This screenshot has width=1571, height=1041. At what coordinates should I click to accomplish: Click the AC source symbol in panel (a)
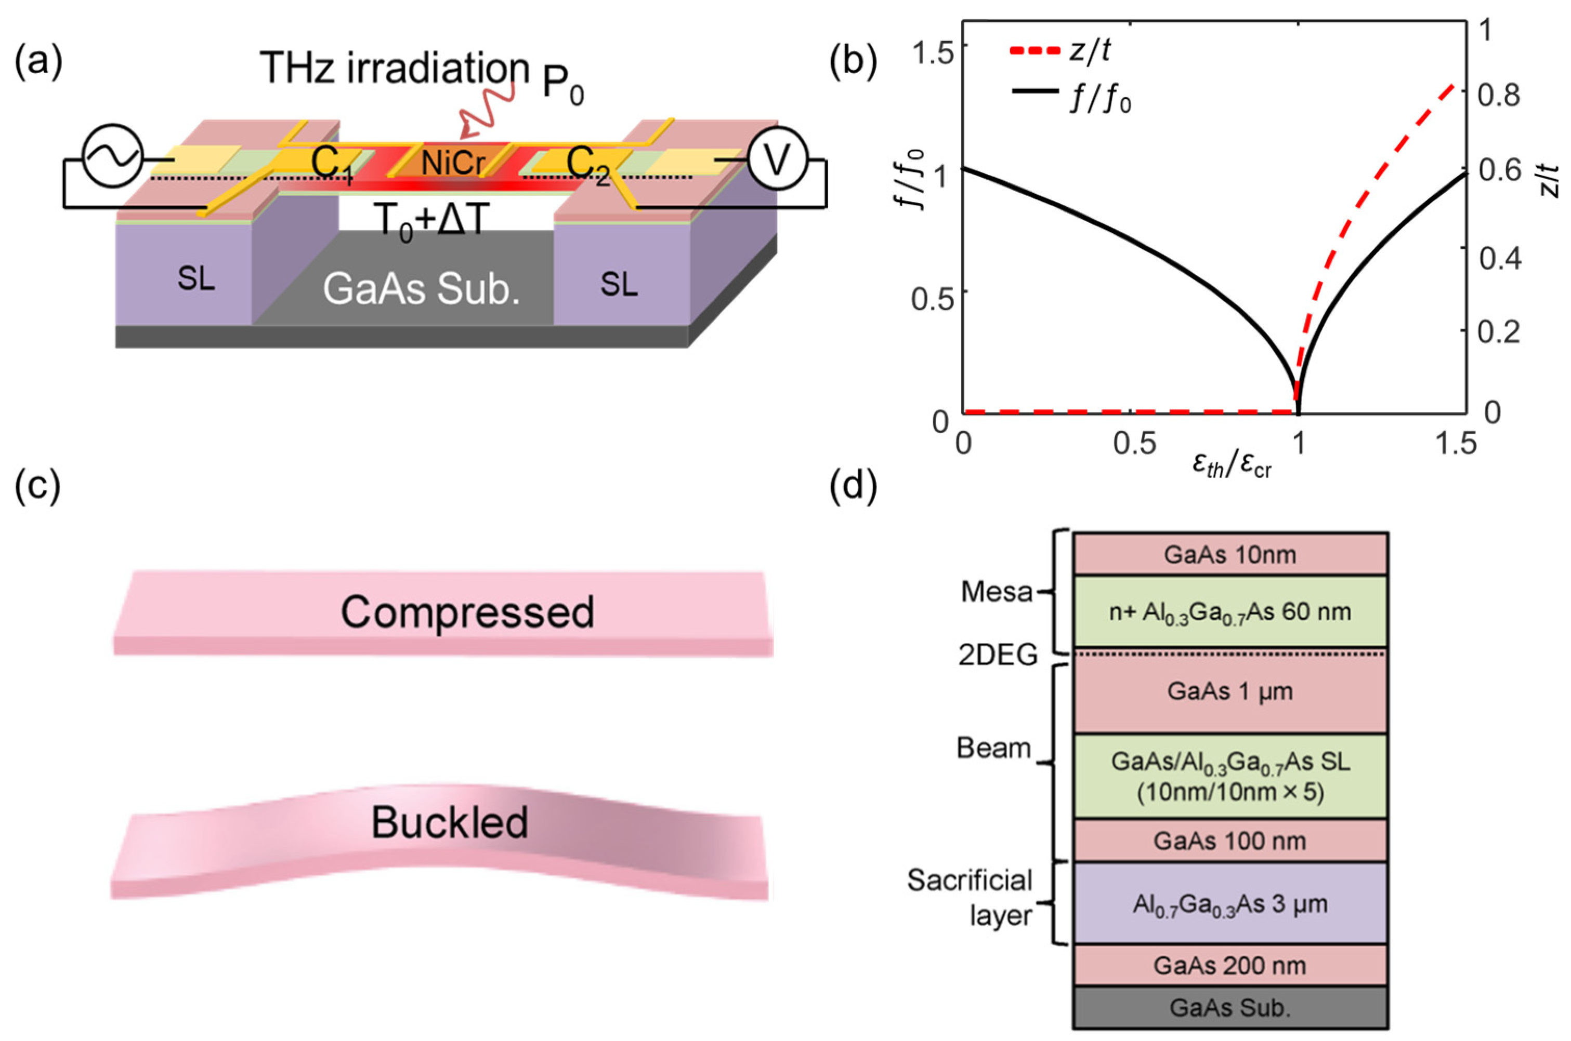tap(112, 156)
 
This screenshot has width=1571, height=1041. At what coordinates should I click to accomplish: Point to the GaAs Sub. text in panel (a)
tap(421, 289)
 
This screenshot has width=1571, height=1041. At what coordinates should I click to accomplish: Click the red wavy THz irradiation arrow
tap(488, 106)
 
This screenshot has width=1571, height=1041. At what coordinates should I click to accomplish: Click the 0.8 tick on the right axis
tap(1499, 95)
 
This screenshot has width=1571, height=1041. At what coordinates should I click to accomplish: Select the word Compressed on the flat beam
tap(467, 612)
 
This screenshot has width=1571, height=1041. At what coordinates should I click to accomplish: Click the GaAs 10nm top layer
tap(1230, 554)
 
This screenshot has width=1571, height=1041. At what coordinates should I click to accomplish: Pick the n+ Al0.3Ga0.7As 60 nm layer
tap(1230, 611)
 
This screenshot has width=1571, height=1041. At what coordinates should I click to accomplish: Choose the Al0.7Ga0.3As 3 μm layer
tap(1230, 903)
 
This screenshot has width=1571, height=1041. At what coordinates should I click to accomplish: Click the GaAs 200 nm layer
tap(1230, 965)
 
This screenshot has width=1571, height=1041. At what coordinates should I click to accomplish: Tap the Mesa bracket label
tap(997, 592)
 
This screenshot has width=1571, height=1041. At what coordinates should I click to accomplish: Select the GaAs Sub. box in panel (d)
tap(1230, 1008)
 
